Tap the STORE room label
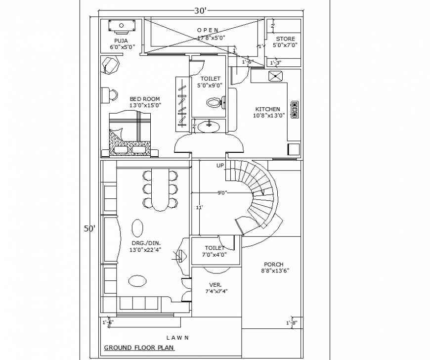click(x=285, y=39)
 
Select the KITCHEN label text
click(x=267, y=109)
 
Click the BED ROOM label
click(x=145, y=99)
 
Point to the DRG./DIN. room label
click(x=145, y=243)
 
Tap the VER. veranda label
click(x=215, y=284)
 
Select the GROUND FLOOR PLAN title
click(x=139, y=348)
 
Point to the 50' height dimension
click(x=89, y=228)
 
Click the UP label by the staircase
click(x=220, y=166)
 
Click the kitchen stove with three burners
click(x=295, y=109)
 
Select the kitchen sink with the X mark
click(x=275, y=77)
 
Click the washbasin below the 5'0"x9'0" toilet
click(x=208, y=127)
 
